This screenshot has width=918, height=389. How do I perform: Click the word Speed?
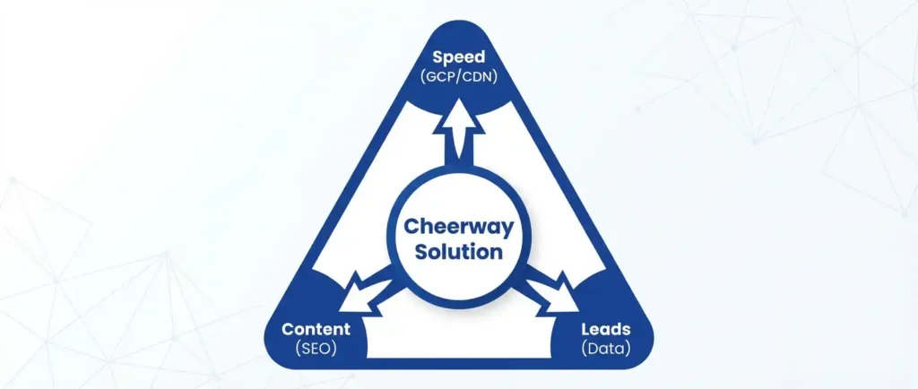click(459, 58)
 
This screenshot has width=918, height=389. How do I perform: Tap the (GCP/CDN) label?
click(459, 76)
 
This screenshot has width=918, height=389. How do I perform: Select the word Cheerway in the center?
click(459, 226)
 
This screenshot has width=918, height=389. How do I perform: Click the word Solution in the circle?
click(459, 252)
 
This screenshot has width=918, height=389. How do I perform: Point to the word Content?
click(316, 329)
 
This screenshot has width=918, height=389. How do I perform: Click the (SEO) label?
click(316, 348)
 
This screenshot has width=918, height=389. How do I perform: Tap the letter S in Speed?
click(437, 58)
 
